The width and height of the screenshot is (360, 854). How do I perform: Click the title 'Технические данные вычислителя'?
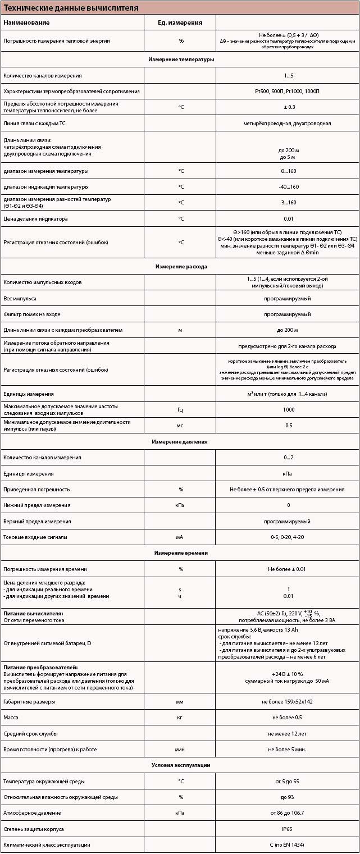pos(71,8)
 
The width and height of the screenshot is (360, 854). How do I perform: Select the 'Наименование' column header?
pos(26,22)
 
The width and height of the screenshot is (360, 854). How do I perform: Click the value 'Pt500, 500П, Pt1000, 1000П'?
pos(287,91)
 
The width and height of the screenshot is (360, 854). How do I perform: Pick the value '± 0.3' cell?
pos(287,107)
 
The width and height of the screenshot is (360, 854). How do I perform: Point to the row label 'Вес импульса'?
pos(20,298)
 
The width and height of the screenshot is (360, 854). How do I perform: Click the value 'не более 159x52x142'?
pos(287,702)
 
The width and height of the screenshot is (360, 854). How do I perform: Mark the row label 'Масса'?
pos(11,718)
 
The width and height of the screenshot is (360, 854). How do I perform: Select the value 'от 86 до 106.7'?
pos(288,813)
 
